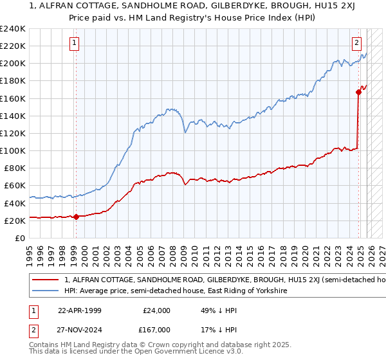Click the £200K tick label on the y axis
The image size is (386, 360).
[13, 64]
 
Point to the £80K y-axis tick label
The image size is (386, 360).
[15, 168]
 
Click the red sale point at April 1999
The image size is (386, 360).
[76, 217]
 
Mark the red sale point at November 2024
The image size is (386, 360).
[358, 92]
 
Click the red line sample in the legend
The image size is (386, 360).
[44, 280]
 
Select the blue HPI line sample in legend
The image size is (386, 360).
[44, 291]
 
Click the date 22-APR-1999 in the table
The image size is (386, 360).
[80, 310]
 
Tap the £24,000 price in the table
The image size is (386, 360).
[156, 310]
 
